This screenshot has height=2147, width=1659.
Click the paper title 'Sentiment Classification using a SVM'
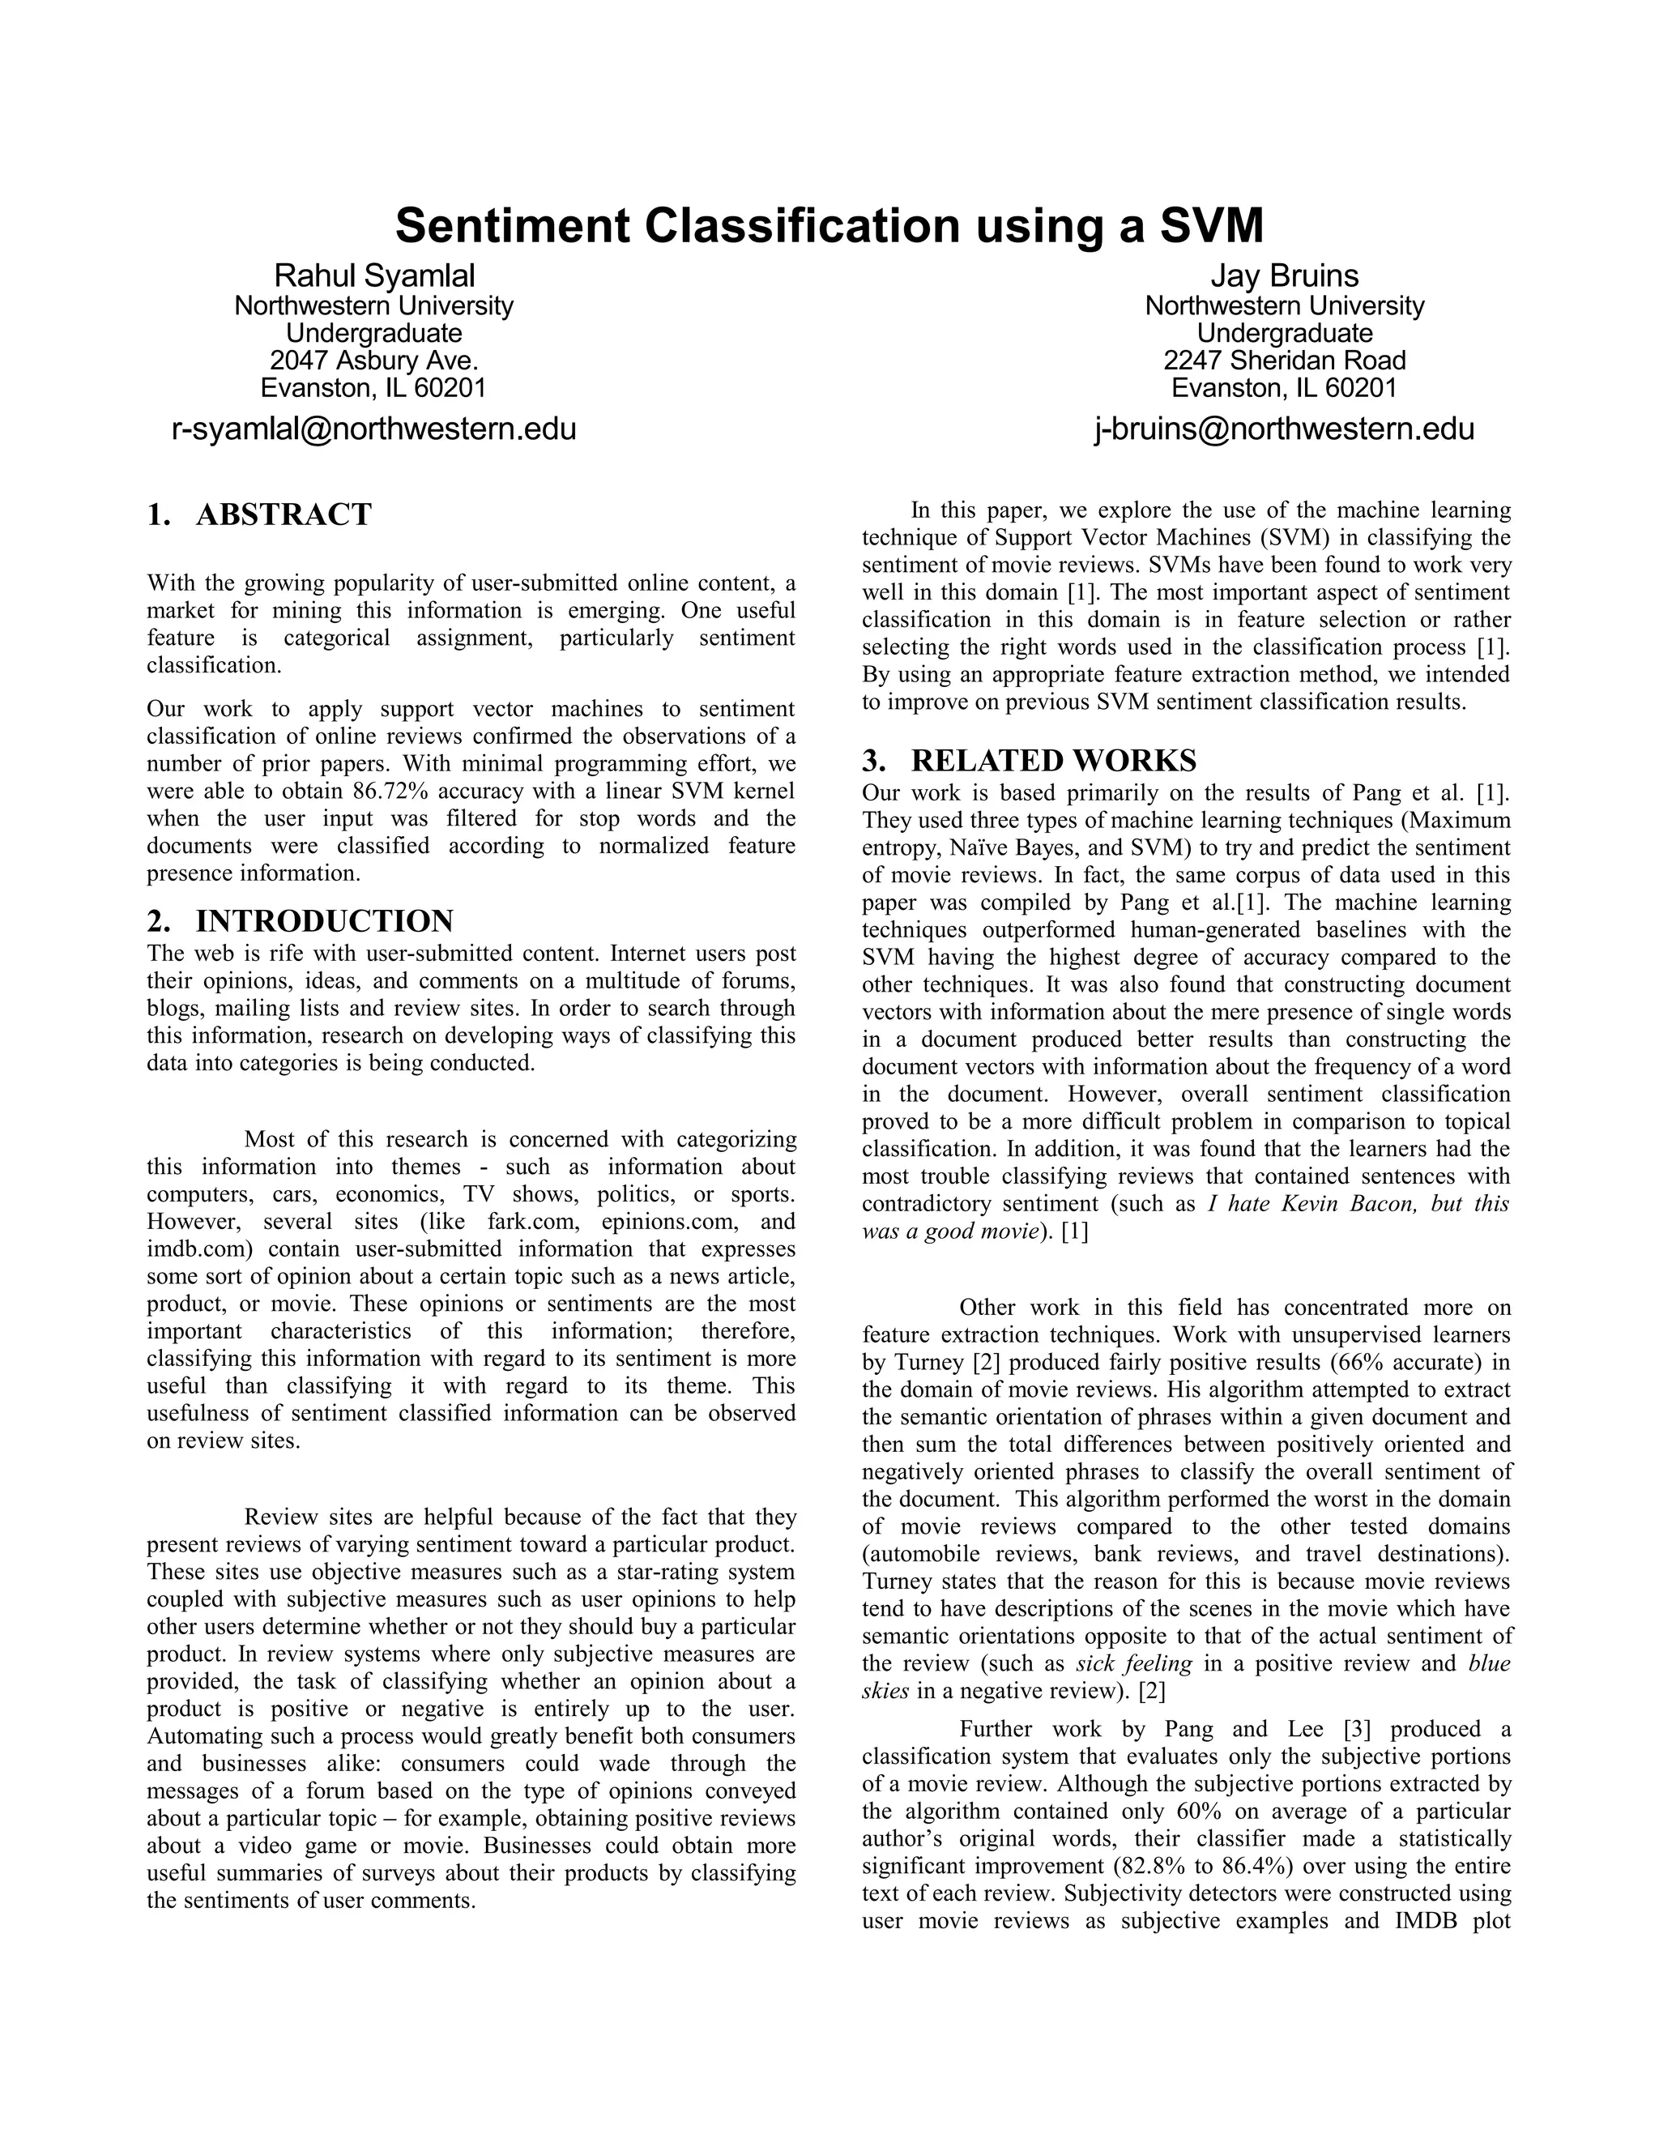(x=829, y=226)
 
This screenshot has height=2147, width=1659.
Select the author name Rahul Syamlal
(x=373, y=276)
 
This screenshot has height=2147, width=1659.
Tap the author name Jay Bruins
(x=1285, y=276)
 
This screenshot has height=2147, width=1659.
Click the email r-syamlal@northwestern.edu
(x=373, y=429)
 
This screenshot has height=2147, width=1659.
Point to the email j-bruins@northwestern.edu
(x=1285, y=429)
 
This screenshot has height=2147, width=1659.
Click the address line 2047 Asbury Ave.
(x=373, y=360)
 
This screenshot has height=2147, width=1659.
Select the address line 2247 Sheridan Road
(x=1285, y=360)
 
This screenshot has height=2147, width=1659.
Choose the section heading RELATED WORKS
(x=1054, y=761)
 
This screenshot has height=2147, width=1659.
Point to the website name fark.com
(x=531, y=1222)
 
